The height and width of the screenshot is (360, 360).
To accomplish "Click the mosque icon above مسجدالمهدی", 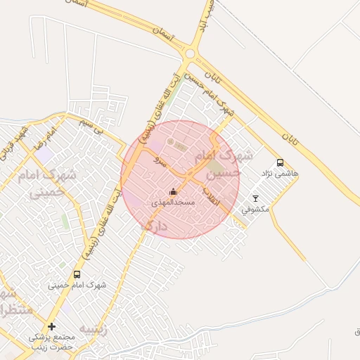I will (173, 192).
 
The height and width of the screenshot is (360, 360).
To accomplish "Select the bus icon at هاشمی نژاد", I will (280, 163).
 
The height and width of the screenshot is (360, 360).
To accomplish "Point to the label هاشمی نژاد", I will (280, 173).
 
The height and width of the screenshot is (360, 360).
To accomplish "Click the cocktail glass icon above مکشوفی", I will (255, 199).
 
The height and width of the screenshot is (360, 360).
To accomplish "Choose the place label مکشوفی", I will (255, 209).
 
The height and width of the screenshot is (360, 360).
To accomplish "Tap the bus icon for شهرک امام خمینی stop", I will (77, 274).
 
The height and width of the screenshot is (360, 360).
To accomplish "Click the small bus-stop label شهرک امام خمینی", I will (77, 285).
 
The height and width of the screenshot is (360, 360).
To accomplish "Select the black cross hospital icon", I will (51, 327).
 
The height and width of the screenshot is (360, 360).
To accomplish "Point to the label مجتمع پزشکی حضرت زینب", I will (51, 342).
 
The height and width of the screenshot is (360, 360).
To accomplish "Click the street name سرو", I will (160, 162).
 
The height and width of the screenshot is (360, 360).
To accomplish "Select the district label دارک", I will (155, 226).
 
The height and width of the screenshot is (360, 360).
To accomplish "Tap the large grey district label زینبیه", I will (94, 328).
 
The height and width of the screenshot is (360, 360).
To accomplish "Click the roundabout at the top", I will (190, 53).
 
